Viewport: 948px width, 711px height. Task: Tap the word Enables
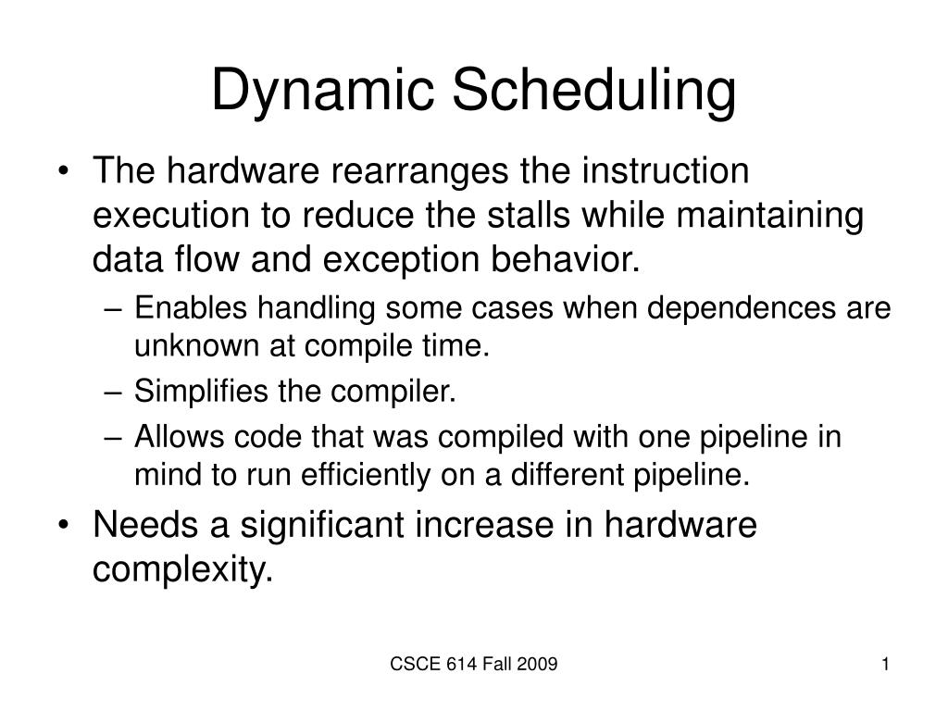point(191,308)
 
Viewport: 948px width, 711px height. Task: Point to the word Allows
point(178,437)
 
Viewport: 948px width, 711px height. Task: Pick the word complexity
point(183,568)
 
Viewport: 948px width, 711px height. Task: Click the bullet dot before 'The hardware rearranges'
point(72,173)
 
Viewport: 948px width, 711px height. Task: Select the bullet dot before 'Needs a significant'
point(72,526)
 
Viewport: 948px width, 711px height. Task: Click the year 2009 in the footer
point(538,664)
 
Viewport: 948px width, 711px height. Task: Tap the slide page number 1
point(885,664)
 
